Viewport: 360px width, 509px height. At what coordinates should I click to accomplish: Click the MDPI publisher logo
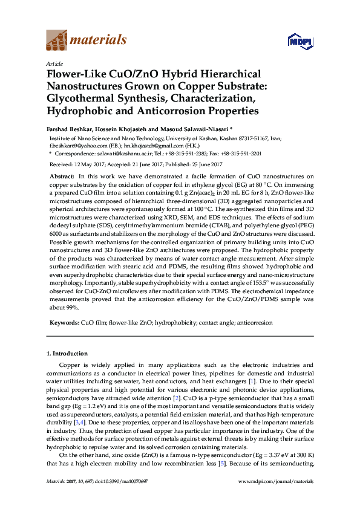299,41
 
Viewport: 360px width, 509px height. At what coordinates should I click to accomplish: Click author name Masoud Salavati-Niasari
196,129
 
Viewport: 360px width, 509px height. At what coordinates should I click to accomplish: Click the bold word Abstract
61,175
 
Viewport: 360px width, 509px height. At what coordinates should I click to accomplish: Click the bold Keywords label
64,323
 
